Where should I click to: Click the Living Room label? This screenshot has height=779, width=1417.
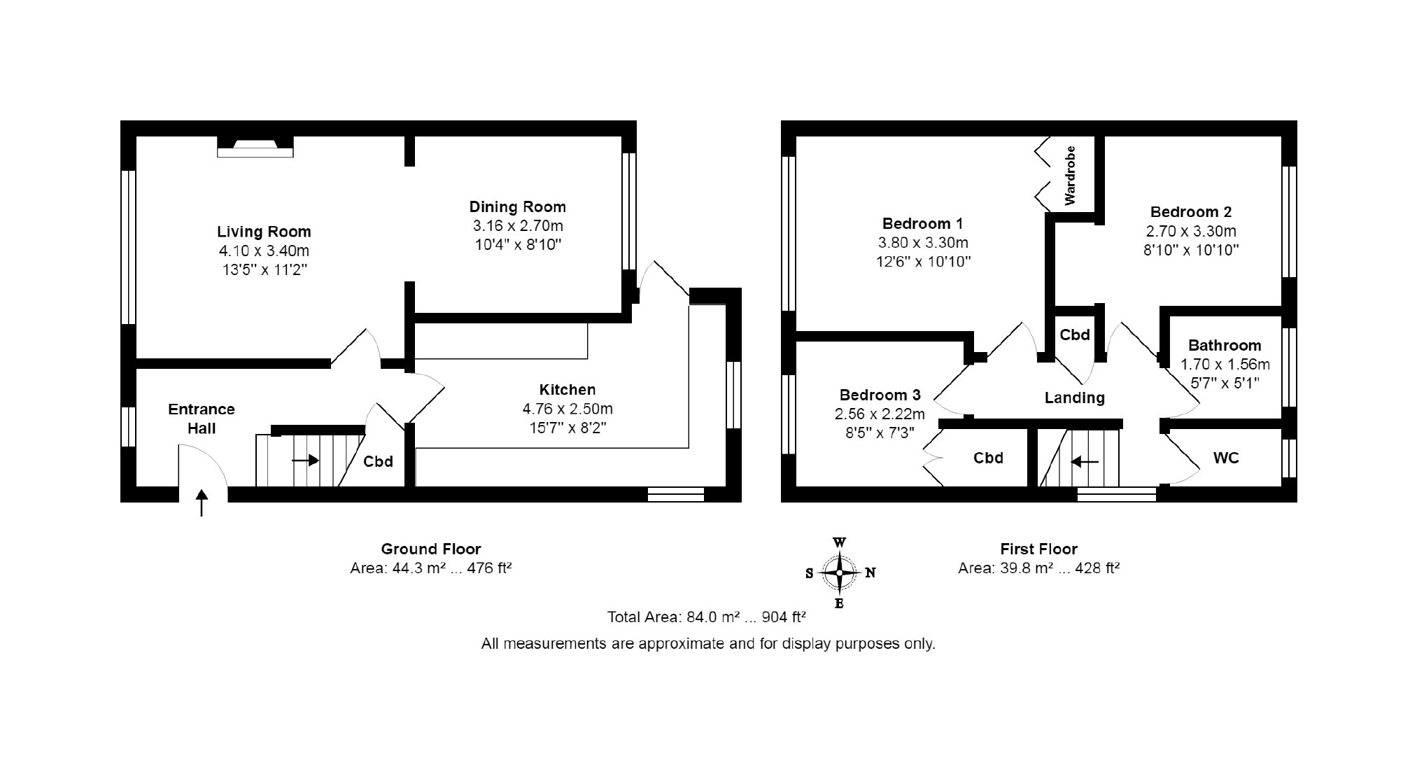[x=264, y=232]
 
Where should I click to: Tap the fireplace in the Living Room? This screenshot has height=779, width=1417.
[x=255, y=146]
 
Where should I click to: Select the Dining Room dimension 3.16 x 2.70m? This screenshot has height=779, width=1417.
[x=518, y=226]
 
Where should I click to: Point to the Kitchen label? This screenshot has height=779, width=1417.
[x=567, y=390]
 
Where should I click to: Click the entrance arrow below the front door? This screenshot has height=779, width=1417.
[x=202, y=503]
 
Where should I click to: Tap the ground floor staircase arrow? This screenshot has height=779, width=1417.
[x=305, y=460]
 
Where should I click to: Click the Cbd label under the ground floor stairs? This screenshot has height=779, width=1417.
[x=378, y=461]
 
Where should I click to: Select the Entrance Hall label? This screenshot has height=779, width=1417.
[x=202, y=419]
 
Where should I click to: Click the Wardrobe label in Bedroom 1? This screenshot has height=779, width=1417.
[x=1069, y=176]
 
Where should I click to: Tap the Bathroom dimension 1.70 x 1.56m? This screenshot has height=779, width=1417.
[x=1225, y=364]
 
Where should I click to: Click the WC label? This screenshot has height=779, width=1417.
[x=1226, y=458]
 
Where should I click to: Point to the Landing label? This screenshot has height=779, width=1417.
[x=1075, y=398]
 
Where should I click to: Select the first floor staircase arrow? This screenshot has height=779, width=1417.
[x=1085, y=461]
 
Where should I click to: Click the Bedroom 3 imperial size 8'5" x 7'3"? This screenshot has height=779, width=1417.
[x=880, y=433]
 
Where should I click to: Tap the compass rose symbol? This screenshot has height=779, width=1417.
[x=840, y=573]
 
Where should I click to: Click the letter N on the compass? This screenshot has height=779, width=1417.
[x=870, y=573]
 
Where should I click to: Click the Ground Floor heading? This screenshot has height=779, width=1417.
[x=431, y=549]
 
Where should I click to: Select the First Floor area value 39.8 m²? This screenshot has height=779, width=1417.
[x=1025, y=568]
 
